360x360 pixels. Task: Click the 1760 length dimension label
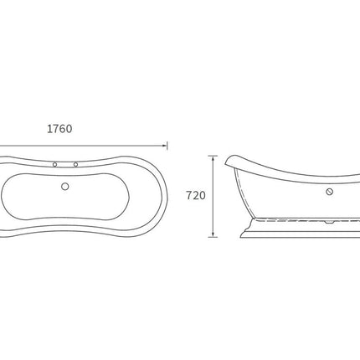coord(59,129)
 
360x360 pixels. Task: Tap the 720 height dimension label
coord(196,196)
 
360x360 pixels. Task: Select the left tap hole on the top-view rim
coord(55,165)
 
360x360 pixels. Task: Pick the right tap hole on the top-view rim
coord(75,165)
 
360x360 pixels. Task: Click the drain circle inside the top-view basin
coord(65,187)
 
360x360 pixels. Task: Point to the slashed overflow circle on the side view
coord(330,192)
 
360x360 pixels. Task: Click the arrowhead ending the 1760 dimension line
coord(165,146)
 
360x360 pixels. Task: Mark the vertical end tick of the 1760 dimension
coord(167,146)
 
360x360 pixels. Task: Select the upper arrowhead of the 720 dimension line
coord(213,158)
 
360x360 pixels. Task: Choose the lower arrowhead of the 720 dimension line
coord(213,234)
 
